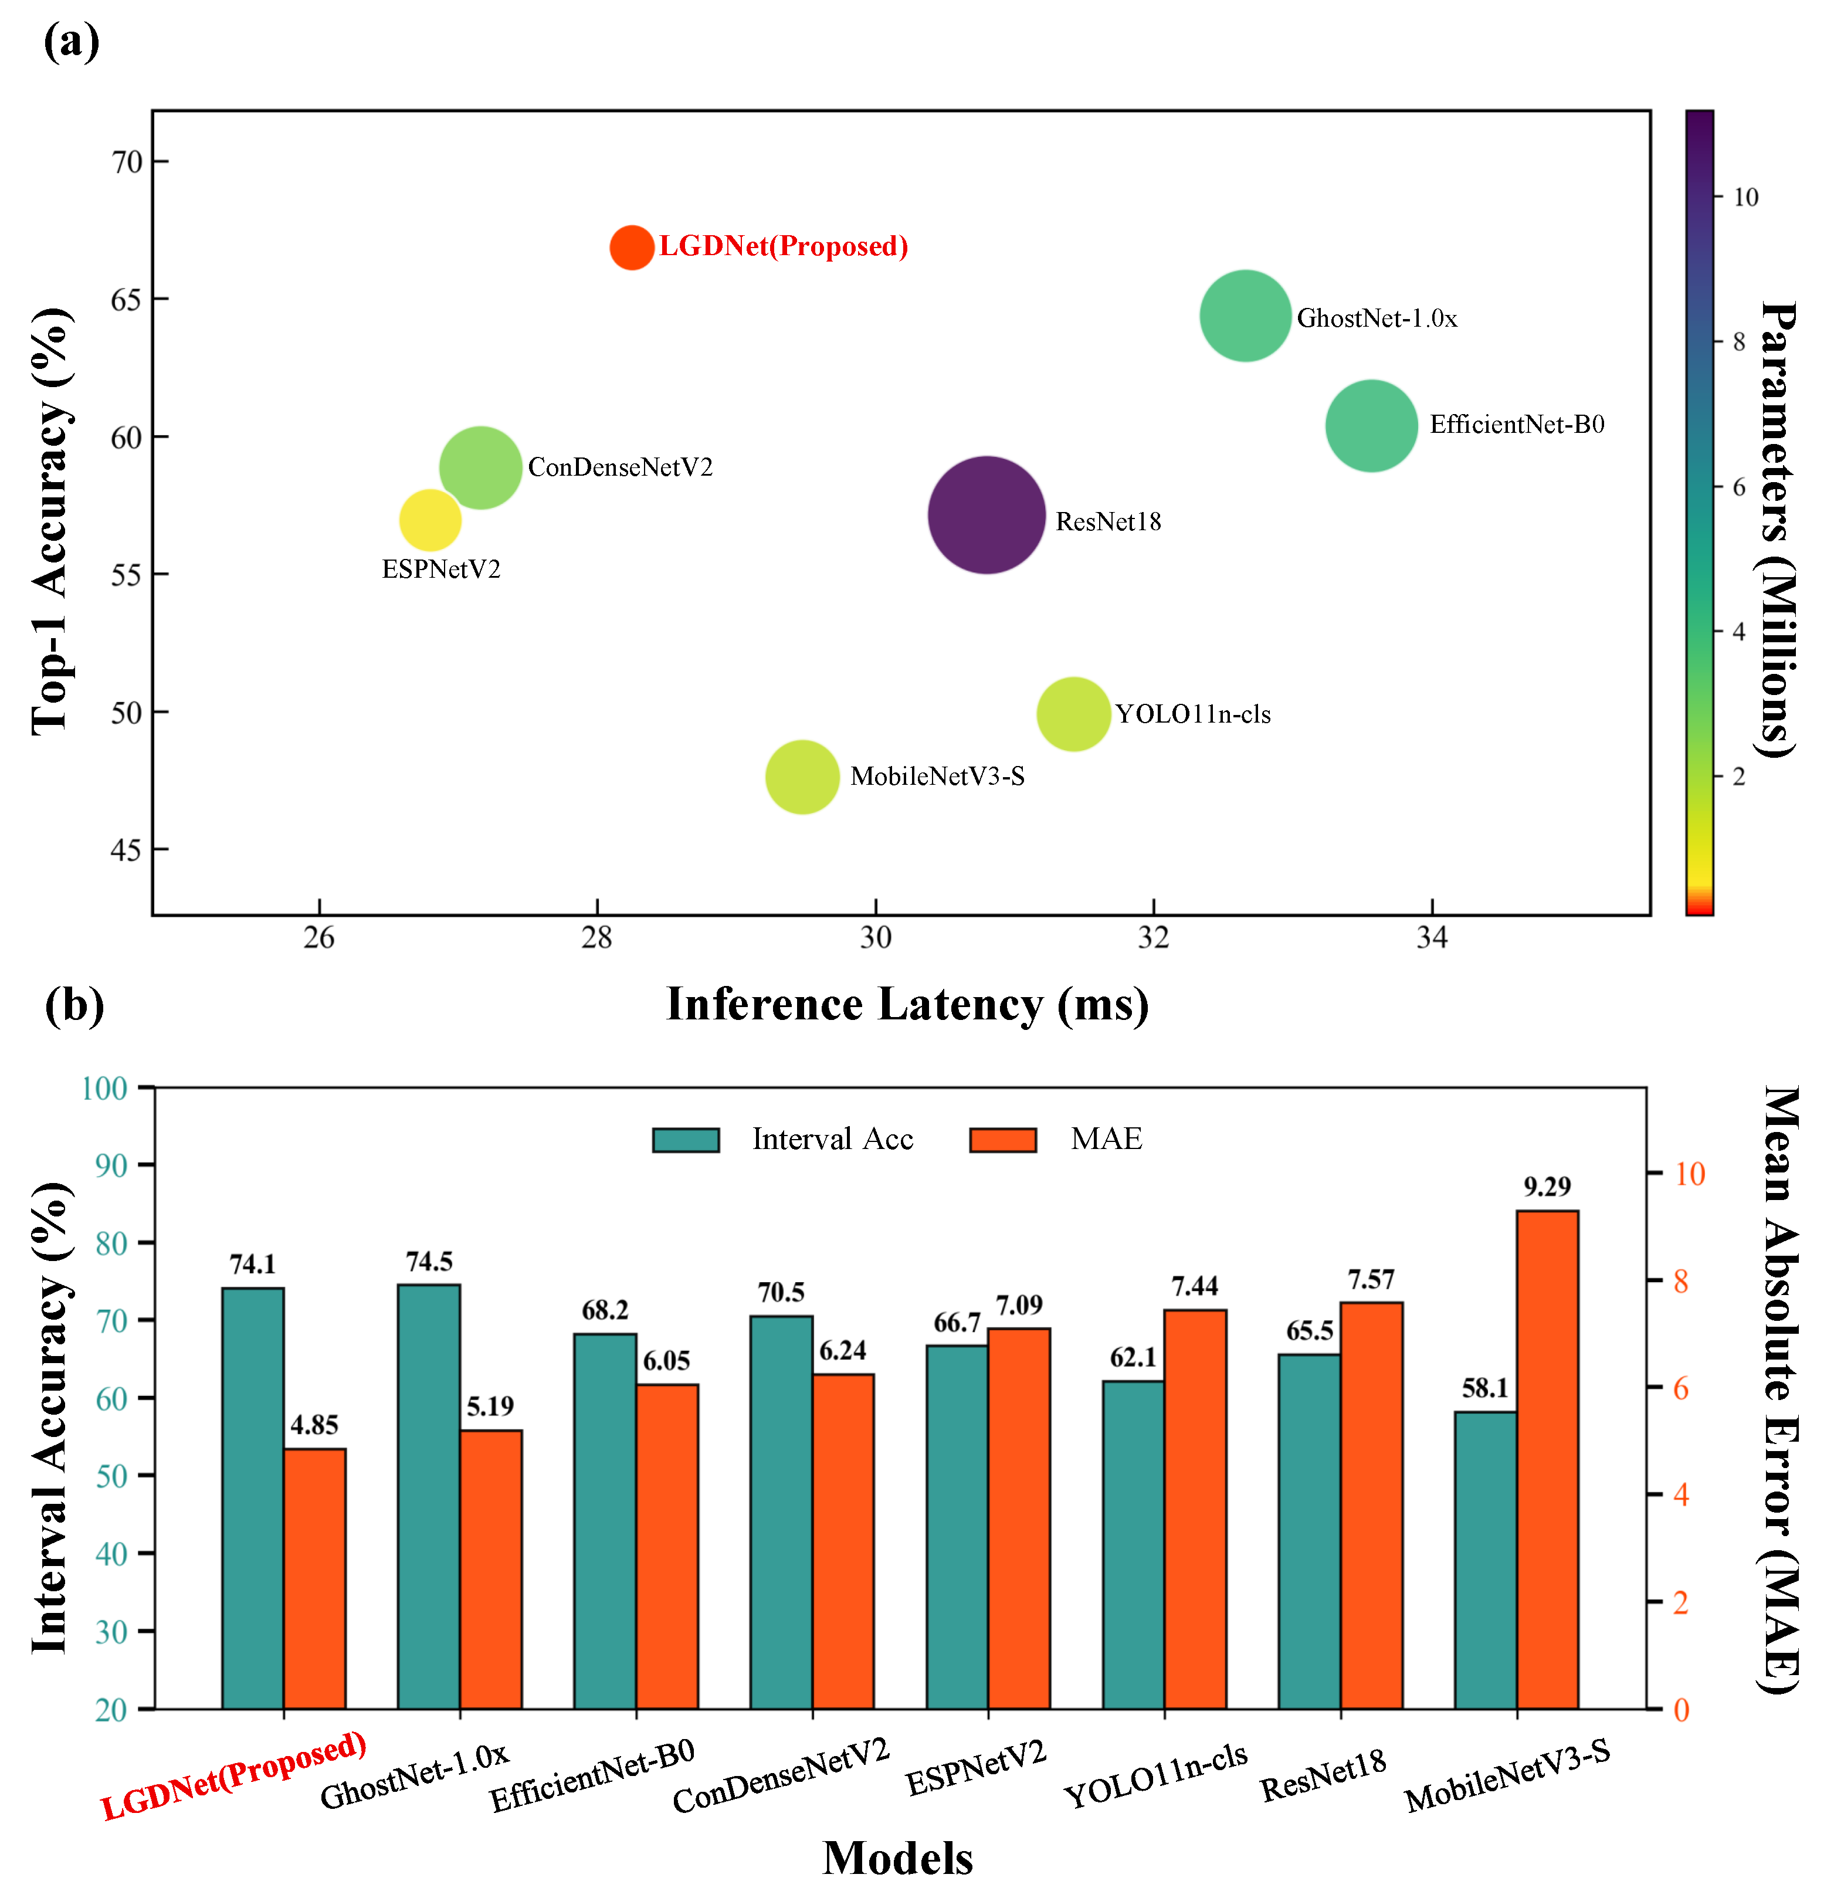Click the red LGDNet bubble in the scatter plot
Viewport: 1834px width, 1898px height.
click(631, 248)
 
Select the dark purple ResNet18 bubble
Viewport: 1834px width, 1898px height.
click(987, 515)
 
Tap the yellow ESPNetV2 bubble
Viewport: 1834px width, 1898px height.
click(430, 520)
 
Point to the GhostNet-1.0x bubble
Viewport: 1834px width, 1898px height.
click(1245, 316)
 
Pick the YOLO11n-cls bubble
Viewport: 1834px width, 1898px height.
click(1073, 714)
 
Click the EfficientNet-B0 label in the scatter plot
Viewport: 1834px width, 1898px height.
click(1517, 424)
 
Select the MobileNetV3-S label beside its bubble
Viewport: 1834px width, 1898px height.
click(937, 777)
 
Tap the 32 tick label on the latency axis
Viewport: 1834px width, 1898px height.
click(1153, 938)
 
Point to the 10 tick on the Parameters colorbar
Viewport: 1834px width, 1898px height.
click(1746, 198)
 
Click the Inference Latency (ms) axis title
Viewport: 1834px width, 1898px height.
click(907, 1004)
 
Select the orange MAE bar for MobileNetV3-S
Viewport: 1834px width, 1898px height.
click(1547, 1459)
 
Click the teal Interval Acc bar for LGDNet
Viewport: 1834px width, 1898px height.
click(253, 1498)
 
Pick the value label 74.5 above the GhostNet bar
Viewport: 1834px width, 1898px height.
click(429, 1262)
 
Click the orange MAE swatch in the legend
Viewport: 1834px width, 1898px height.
click(1003, 1140)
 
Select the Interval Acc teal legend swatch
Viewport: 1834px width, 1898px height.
click(686, 1140)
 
